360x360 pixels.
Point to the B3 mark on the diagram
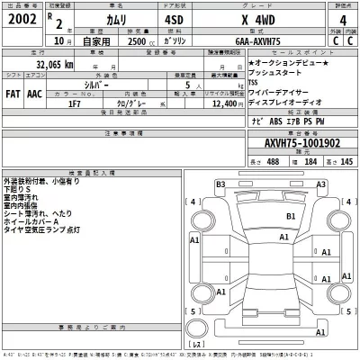220,184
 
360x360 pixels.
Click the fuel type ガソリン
171,40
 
